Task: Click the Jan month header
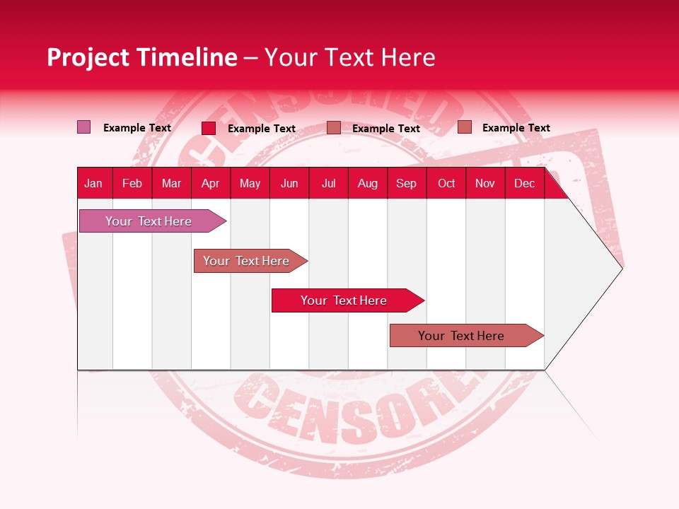click(93, 183)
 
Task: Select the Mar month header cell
click(171, 183)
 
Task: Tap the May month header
click(250, 183)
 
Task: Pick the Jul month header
click(328, 183)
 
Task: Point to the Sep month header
click(406, 183)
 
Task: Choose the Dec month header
click(524, 183)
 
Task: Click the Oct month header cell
click(446, 183)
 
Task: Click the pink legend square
click(83, 127)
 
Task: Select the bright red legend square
click(209, 128)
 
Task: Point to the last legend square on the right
click(465, 127)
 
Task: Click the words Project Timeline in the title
click(142, 57)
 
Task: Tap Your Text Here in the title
click(350, 57)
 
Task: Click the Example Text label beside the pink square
click(137, 128)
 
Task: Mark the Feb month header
click(132, 183)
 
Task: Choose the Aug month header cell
click(368, 183)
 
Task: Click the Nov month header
click(485, 183)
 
